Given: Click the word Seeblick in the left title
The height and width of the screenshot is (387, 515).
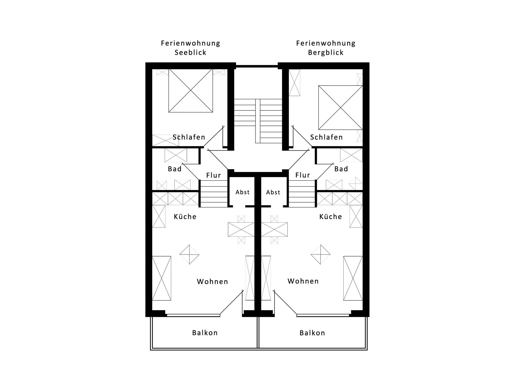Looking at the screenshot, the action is coord(190,53).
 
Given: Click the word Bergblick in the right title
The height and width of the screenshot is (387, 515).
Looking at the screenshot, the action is coord(326,53).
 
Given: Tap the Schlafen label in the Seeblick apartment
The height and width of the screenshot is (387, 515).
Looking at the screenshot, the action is coord(189,137).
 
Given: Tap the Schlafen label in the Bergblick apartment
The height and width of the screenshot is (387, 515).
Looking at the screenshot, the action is coord(326,137).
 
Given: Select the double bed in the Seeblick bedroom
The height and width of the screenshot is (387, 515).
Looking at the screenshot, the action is coord(191,91).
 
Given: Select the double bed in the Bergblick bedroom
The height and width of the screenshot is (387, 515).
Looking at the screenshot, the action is coord(340,108).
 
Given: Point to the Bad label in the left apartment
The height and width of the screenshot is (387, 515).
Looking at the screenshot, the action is coord(175,169).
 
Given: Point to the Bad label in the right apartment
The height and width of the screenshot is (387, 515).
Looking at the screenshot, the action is coord(341,169).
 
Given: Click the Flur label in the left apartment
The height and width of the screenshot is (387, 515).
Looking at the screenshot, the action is coord(213,175).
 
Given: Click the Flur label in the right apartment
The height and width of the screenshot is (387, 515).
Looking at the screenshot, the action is coord(303,175).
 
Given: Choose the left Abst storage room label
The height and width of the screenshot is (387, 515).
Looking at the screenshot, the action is coord(242,192).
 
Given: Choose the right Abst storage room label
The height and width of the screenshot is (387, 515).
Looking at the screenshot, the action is coord(273,192).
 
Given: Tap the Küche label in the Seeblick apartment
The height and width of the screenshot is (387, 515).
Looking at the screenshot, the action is coord(185,217).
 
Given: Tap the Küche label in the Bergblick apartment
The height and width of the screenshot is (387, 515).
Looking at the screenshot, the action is coord(330,217).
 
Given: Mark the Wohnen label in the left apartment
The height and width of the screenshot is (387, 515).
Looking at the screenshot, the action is coord(212,282).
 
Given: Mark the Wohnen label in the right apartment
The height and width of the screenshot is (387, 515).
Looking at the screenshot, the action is coord(303,281).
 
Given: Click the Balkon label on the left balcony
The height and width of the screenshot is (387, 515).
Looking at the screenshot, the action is coord(205,333).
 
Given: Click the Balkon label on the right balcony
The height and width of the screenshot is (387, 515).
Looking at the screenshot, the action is coord(312,333).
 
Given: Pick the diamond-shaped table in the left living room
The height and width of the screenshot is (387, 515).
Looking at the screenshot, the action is coord(189,254).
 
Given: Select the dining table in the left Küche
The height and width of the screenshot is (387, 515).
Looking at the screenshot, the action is coord(241,229).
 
